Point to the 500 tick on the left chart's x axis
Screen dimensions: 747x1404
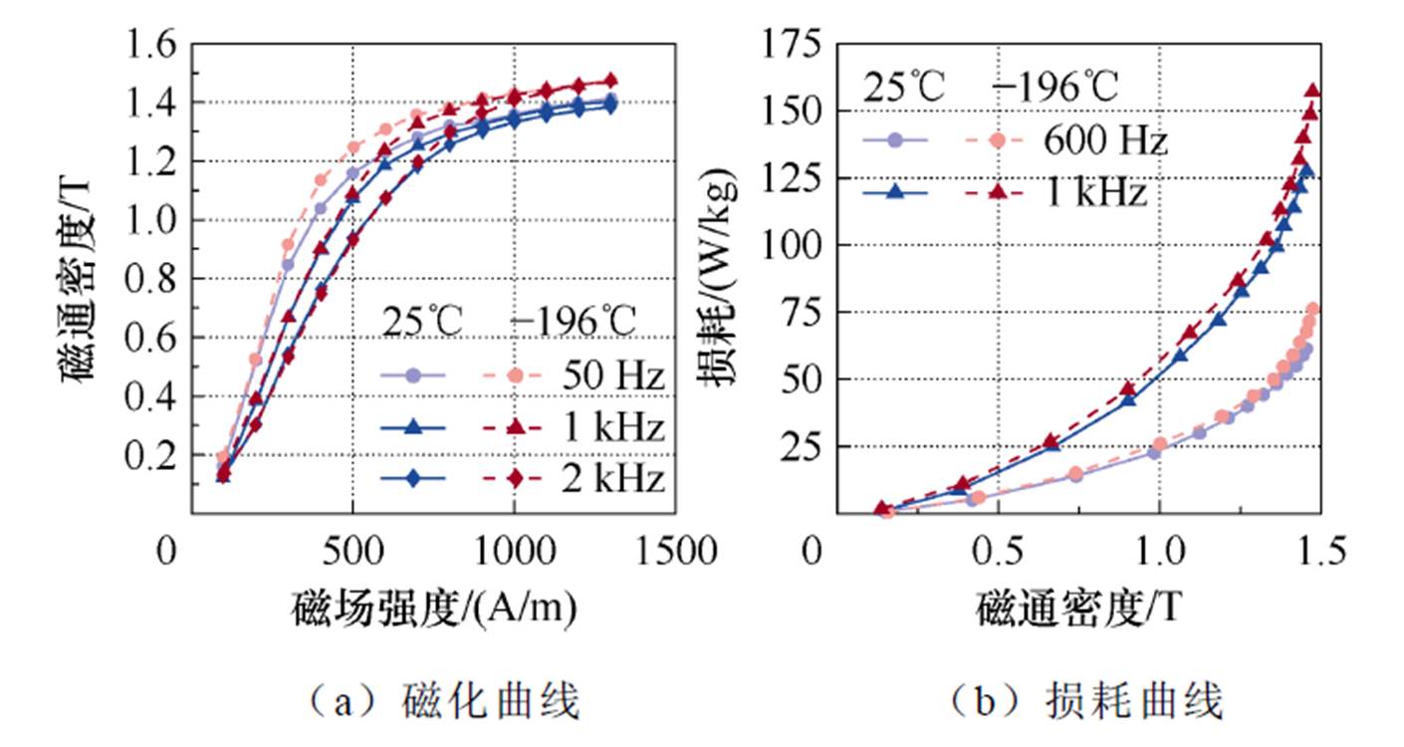point(352,551)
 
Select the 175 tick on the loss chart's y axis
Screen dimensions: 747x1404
point(793,45)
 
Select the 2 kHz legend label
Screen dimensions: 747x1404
point(612,480)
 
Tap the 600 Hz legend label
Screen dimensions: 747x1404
point(1104,141)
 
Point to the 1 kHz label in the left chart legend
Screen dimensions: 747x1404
point(612,428)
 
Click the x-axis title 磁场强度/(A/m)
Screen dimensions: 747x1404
point(434,607)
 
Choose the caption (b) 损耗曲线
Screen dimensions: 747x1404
point(1086,703)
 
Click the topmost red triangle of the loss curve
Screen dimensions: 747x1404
point(1312,91)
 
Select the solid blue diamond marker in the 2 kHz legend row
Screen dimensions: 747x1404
point(415,480)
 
